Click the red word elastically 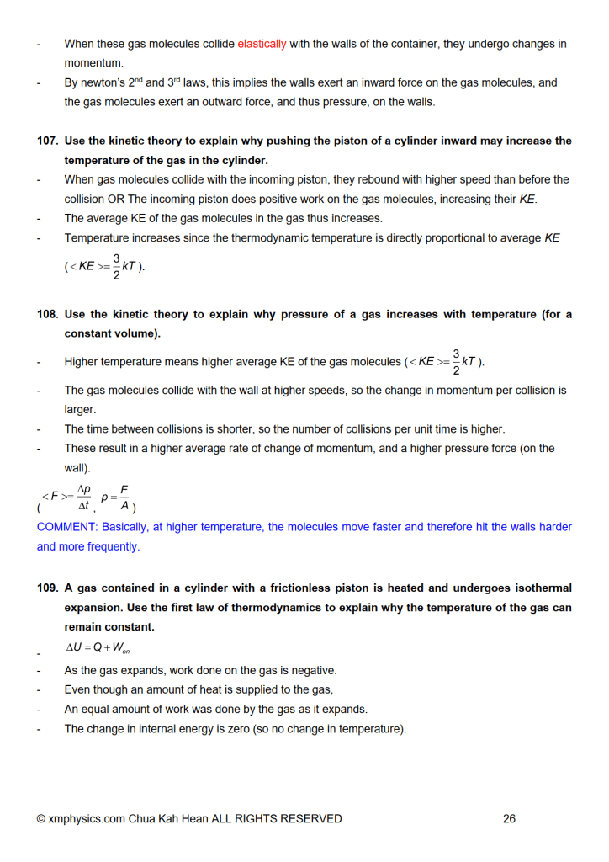(262, 44)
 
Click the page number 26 (509, 818)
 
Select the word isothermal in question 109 (537, 588)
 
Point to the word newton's (103, 83)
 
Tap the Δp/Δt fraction (83, 498)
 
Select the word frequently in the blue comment (114, 547)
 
